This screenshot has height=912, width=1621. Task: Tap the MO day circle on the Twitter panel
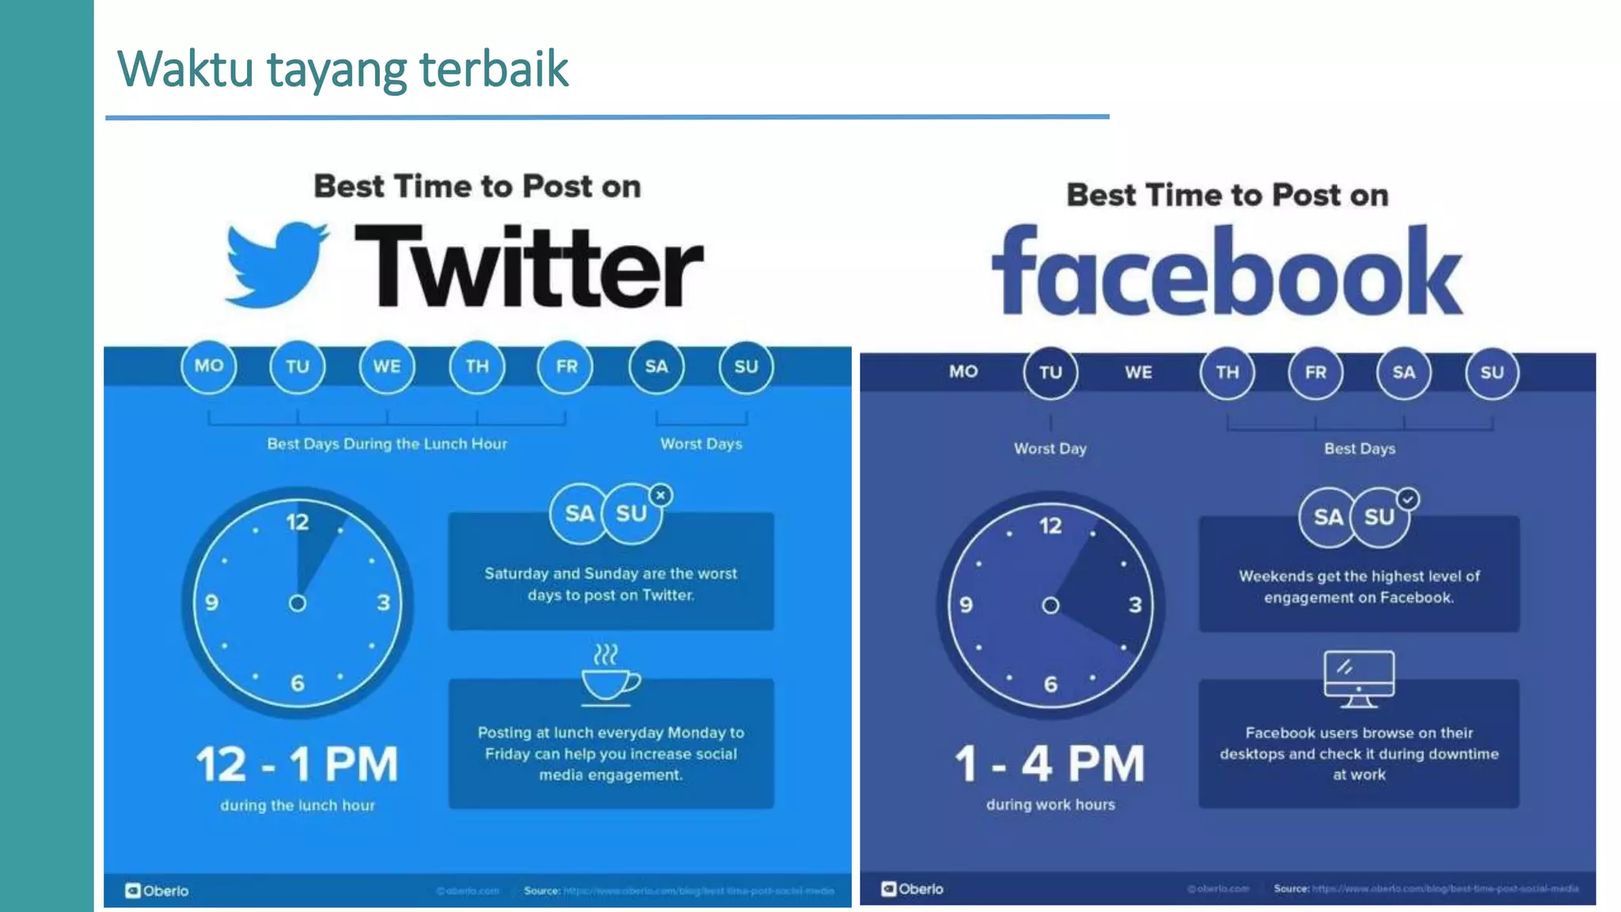pos(209,366)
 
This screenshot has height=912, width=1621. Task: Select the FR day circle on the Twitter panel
pos(566,367)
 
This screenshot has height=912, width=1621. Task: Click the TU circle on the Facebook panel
pos(1050,372)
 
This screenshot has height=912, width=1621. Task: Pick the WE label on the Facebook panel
pos(1138,372)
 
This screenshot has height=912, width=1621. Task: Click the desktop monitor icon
pos(1359,678)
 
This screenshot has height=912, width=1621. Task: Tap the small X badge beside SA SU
pos(661,496)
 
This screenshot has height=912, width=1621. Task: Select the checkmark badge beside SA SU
pos(1407,500)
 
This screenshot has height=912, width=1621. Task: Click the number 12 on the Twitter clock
pos(298,522)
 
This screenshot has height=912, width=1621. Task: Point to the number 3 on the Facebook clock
pos(1135,606)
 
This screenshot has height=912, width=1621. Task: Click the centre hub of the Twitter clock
pos(298,603)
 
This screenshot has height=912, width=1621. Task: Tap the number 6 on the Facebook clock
pos(1050,684)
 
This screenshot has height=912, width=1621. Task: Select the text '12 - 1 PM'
pos(297,765)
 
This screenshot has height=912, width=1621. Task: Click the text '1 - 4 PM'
pos(1050,764)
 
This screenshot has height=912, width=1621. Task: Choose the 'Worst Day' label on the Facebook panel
pos(1050,449)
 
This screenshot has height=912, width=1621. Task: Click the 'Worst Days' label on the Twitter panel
pos(701,444)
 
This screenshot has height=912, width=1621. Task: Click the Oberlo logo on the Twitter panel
pos(157,891)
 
